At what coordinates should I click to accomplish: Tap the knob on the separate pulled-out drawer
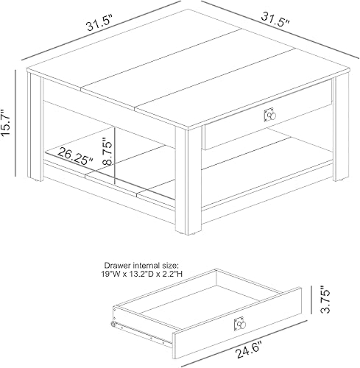point(239,325)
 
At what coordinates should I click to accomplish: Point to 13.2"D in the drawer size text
point(145,273)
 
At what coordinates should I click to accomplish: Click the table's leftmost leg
point(35,129)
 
